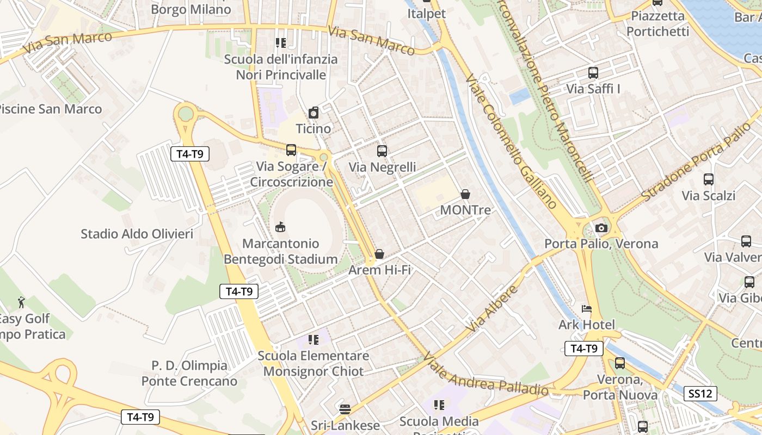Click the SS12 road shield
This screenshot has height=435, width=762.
tap(700, 394)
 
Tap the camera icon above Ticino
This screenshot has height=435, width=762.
tap(314, 113)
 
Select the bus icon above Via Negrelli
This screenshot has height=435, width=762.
tap(382, 151)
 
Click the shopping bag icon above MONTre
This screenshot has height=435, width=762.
tap(465, 194)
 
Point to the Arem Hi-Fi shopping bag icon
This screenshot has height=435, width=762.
tap(379, 254)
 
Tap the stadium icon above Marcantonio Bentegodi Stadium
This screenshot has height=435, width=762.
tap(281, 227)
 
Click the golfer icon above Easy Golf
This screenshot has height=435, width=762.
tap(21, 302)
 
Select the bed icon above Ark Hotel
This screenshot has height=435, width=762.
tap(587, 309)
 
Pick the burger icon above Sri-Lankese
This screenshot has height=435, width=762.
tap(345, 409)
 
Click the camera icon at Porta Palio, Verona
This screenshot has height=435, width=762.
tap(601, 228)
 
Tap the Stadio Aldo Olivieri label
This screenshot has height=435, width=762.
tap(137, 234)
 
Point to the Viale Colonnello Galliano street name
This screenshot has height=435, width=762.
tap(512, 142)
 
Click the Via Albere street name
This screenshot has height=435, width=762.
tap(493, 308)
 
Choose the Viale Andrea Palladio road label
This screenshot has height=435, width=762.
tap(486, 375)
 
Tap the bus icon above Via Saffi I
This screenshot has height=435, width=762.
tap(593, 72)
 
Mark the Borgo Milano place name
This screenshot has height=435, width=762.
tap(191, 9)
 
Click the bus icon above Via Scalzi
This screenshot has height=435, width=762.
tap(709, 179)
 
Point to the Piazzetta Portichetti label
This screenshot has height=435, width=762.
tap(657, 23)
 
